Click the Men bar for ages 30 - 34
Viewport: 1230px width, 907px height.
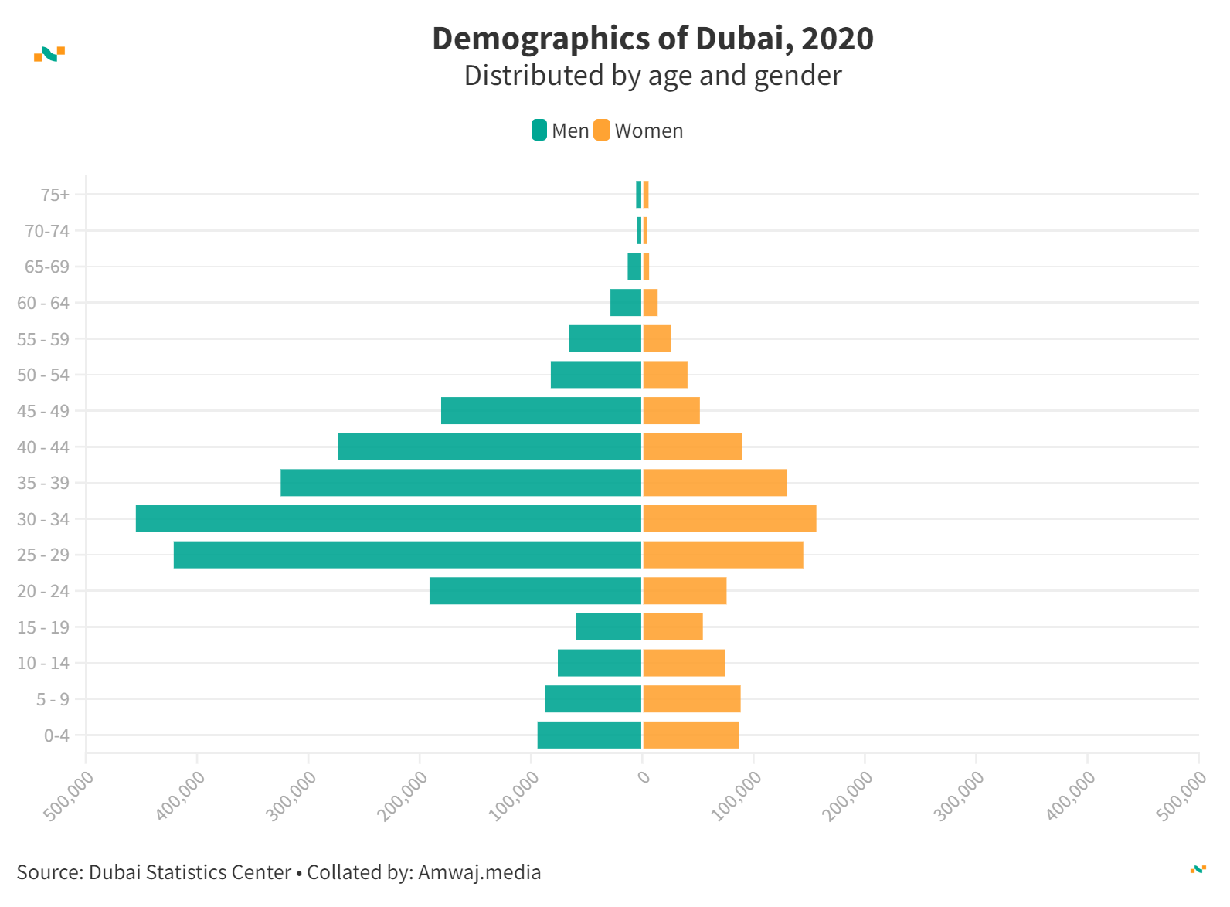(x=389, y=519)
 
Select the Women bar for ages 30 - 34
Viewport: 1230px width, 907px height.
(x=729, y=519)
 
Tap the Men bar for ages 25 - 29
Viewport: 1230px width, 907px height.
(x=407, y=555)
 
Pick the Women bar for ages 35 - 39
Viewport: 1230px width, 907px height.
(x=715, y=483)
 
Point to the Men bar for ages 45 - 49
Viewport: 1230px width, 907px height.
(x=541, y=411)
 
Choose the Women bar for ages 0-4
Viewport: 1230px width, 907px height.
(x=691, y=735)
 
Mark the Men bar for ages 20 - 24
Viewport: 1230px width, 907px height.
(x=535, y=591)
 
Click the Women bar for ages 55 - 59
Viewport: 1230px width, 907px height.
(x=657, y=339)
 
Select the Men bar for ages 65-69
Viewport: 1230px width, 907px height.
(x=634, y=267)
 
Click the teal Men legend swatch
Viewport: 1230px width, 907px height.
(x=539, y=131)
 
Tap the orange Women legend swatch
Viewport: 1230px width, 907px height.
(x=602, y=131)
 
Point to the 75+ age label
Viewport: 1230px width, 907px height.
(x=55, y=195)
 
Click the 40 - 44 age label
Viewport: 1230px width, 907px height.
(x=43, y=447)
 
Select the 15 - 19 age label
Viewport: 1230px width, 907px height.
(x=43, y=627)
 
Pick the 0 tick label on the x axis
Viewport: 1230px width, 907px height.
(x=644, y=776)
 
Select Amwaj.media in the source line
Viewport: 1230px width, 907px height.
(x=479, y=872)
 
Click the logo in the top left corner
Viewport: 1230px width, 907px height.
(x=49, y=54)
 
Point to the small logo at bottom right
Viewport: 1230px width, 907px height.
(x=1198, y=869)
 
